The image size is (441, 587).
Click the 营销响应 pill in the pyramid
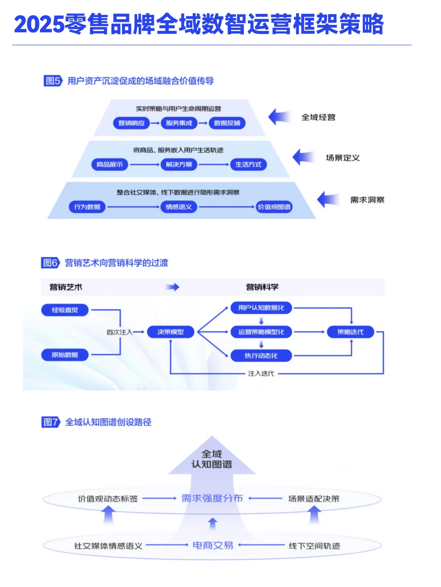[131, 123]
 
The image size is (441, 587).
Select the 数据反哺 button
[227, 123]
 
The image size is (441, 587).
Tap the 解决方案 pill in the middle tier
[179, 165]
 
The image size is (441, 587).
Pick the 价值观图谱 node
[274, 207]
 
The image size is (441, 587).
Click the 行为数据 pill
[87, 207]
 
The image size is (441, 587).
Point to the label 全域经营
[318, 117]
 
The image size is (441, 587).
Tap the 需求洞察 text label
[367, 200]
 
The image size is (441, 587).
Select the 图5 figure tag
[52, 81]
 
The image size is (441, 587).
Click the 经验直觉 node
[65, 310]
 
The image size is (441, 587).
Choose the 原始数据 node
[65, 355]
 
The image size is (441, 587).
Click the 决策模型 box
[171, 332]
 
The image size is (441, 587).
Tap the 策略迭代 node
[350, 332]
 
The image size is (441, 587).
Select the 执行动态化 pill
[261, 356]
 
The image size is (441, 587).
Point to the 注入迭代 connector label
[261, 373]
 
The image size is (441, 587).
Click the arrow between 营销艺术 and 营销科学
[173, 287]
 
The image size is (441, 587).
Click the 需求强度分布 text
[212, 498]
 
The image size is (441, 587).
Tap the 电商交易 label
[213, 545]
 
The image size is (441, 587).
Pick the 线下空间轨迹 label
[314, 546]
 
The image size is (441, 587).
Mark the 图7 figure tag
[51, 422]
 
